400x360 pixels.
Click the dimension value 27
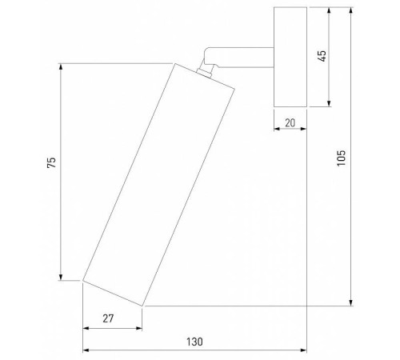pyautogui.click(x=108, y=318)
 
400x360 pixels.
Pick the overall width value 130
pyautogui.click(x=194, y=342)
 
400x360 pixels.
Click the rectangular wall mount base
pyautogui.click(x=290, y=57)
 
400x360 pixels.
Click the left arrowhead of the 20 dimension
pyautogui.click(x=277, y=128)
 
